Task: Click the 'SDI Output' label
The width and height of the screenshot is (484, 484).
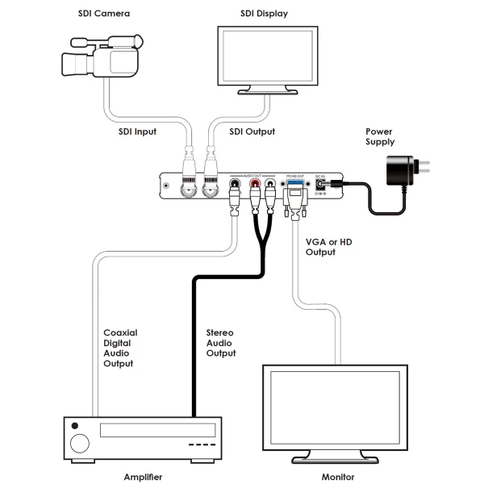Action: (x=252, y=131)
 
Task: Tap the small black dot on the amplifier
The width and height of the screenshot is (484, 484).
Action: (x=76, y=425)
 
